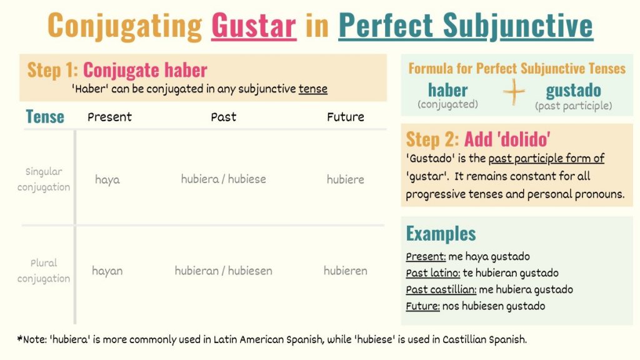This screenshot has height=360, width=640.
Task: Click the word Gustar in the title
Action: click(x=254, y=26)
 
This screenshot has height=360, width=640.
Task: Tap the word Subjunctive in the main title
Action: click(x=518, y=26)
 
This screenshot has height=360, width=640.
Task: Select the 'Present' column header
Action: click(x=109, y=117)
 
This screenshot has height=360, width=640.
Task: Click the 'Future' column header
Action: click(x=345, y=117)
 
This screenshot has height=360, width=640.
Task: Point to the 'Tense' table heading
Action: click(x=45, y=117)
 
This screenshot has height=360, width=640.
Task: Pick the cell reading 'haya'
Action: click(x=107, y=179)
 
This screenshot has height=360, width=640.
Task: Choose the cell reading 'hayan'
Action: click(x=107, y=271)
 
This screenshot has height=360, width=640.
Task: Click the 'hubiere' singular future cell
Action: click(x=345, y=179)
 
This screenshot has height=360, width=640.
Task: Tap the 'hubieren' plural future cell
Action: click(x=345, y=271)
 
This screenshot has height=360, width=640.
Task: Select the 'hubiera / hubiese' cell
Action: click(x=223, y=179)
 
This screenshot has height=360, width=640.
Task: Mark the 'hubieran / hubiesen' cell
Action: click(x=223, y=271)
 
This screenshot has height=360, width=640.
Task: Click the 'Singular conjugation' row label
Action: click(x=44, y=179)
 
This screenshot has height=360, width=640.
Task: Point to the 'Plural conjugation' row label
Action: click(x=44, y=271)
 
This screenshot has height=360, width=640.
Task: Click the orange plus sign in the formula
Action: click(x=514, y=92)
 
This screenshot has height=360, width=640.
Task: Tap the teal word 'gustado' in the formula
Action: click(x=574, y=90)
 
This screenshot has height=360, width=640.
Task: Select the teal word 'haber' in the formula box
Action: click(x=447, y=90)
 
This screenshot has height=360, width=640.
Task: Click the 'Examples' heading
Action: click(x=441, y=234)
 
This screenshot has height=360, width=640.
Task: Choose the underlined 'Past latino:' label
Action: click(x=432, y=273)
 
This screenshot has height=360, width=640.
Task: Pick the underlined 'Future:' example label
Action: click(x=422, y=306)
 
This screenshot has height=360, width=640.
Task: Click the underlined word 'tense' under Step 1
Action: click(x=313, y=89)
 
